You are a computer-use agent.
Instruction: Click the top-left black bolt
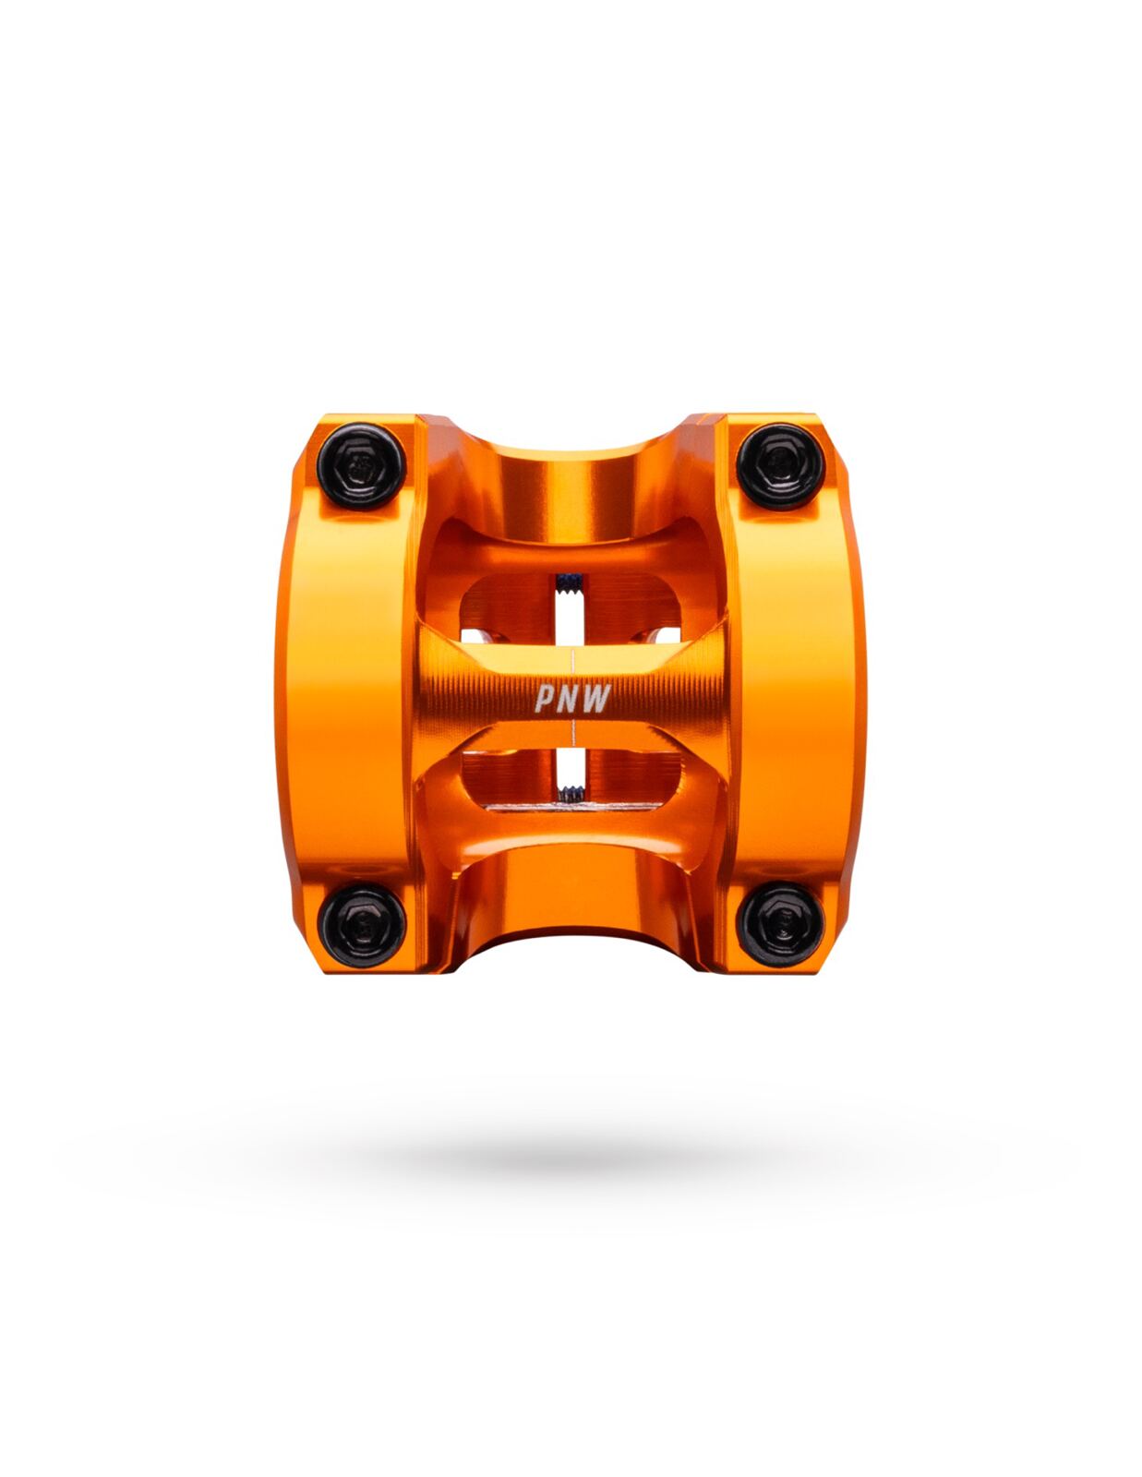361,466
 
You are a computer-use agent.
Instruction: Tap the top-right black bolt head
780,466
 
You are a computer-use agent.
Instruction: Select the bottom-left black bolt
361,926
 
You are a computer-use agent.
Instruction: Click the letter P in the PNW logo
546,697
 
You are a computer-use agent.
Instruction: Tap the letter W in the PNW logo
597,699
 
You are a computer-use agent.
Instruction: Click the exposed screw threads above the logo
570,582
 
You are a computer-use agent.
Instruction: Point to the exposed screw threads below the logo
570,793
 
